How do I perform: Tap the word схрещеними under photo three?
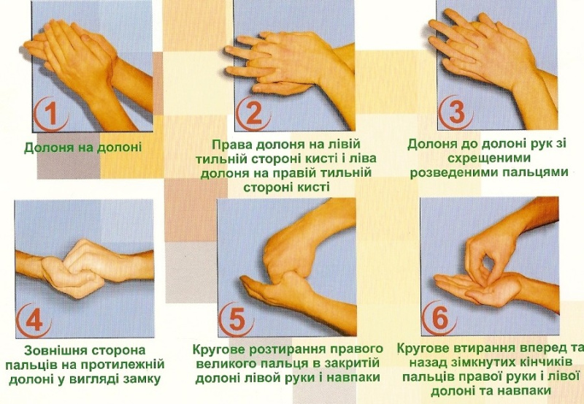point(488,158)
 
